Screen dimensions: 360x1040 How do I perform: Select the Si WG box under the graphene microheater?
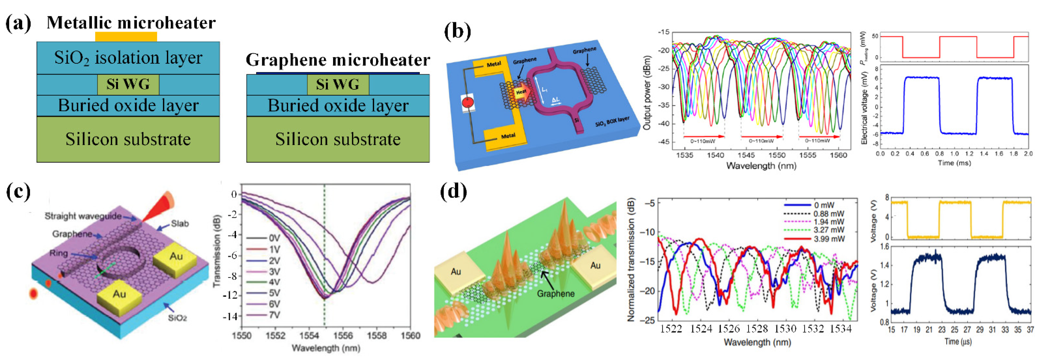(x=338, y=84)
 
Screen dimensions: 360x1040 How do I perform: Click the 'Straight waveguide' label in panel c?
(x=83, y=216)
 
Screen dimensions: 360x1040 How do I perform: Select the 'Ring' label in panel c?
(x=58, y=253)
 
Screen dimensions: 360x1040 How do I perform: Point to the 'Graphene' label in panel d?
(x=556, y=293)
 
